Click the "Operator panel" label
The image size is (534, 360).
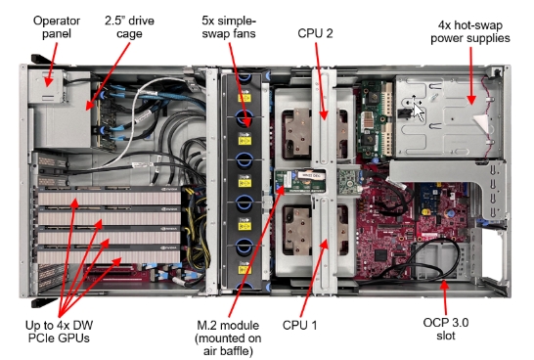57,27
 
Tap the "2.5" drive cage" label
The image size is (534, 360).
129,27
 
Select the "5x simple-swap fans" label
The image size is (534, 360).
229,27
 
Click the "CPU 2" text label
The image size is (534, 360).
315,33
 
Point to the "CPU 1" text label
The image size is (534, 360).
299,325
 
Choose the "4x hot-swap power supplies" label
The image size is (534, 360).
470,31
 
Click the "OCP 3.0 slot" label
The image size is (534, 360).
446,329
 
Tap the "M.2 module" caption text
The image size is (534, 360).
228,325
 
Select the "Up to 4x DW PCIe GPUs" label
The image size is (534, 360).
59,332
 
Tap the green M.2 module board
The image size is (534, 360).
292,181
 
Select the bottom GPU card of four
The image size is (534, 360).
109,255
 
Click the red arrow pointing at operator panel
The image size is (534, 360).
52,65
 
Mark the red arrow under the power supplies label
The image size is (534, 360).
471,75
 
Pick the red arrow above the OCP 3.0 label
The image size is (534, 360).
444,296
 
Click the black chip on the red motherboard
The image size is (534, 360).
380,255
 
